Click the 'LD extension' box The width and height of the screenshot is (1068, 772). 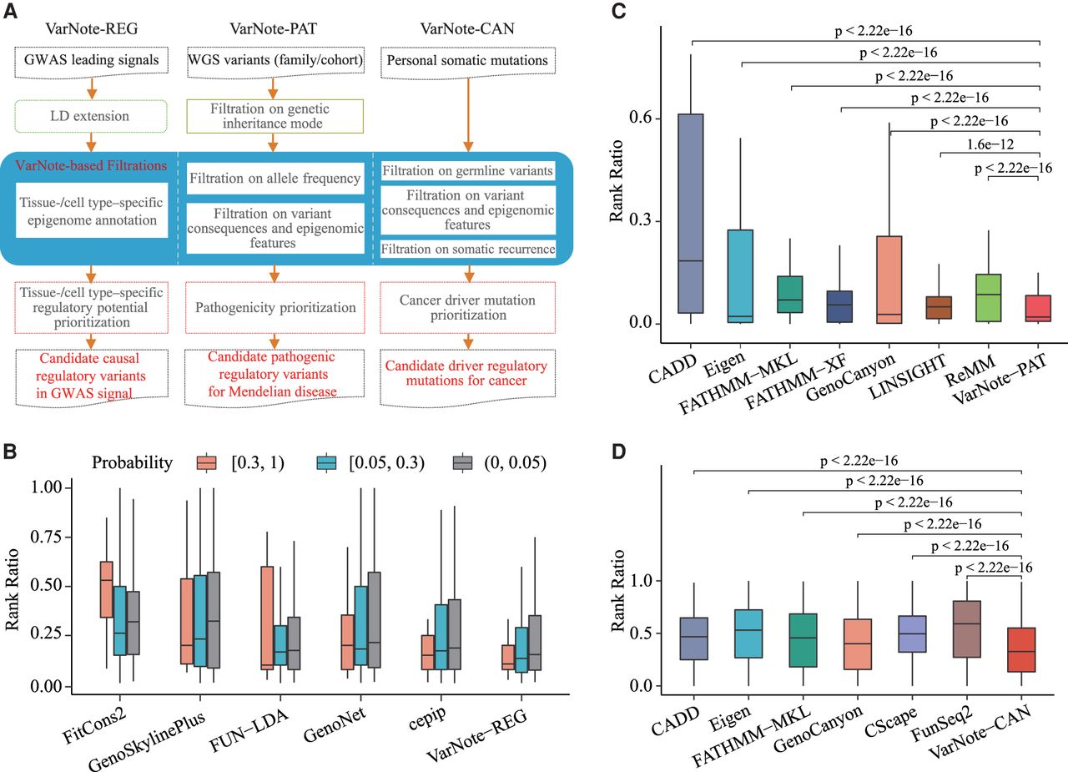pos(91,116)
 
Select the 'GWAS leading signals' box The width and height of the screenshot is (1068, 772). pos(92,61)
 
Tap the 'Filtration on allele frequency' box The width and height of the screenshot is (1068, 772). pos(275,179)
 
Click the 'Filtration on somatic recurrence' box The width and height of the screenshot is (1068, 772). pos(468,249)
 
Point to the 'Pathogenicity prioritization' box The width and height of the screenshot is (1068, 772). pos(275,308)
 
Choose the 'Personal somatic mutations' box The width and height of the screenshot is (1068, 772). pos(468,61)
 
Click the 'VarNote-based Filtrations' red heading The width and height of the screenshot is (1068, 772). pos(91,165)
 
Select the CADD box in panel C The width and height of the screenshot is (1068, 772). pos(690,214)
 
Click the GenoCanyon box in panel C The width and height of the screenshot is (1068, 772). pos(889,280)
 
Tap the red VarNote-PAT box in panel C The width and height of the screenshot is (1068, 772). pos(1038,309)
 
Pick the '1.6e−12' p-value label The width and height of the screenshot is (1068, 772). pos(990,144)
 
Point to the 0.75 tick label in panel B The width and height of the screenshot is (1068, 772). pos(47,537)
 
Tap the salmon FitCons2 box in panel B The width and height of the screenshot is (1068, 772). pos(106,590)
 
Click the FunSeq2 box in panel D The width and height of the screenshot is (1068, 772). pos(967,629)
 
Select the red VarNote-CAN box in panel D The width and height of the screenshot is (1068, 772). pos(1021,650)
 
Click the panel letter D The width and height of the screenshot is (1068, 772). pos(618,452)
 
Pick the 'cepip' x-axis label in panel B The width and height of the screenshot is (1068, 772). pos(428,717)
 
